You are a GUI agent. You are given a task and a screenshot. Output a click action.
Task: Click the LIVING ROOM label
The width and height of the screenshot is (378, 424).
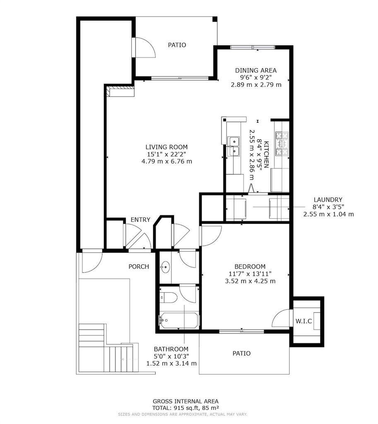tap(166, 147)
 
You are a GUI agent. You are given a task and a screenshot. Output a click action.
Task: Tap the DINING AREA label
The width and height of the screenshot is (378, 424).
tap(256, 70)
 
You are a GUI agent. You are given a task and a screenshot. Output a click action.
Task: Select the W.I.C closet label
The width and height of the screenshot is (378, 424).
tap(303, 321)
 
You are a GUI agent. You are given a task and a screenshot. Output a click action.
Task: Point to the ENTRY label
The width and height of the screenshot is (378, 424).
tap(140, 219)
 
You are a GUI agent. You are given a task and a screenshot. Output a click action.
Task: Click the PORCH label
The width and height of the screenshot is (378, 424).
tap(139, 267)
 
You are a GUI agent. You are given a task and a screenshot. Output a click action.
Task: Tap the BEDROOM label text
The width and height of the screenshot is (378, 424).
tap(250, 266)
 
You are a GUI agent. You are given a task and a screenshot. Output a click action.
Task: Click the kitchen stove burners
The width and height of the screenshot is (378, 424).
tap(282, 144)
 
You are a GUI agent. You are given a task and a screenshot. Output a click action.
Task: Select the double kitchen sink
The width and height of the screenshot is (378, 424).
tap(234, 146)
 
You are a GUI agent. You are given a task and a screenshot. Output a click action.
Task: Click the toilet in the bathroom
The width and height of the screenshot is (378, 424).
tap(168, 297)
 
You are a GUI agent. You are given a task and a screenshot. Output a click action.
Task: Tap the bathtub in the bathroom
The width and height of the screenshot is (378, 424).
tap(179, 321)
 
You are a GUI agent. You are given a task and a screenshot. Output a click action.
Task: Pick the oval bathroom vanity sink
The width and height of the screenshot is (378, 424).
tap(165, 267)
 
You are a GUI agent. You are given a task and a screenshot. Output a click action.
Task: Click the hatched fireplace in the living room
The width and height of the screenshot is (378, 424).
tap(120, 91)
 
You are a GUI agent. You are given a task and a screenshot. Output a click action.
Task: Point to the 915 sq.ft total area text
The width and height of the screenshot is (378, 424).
tap(186, 408)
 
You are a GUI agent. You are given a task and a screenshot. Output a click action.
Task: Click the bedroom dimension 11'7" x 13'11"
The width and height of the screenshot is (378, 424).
tap(250, 274)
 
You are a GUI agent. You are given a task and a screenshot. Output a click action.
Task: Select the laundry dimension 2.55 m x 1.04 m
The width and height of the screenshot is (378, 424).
tap(328, 214)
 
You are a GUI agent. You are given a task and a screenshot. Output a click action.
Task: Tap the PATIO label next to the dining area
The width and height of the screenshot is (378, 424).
tap(177, 45)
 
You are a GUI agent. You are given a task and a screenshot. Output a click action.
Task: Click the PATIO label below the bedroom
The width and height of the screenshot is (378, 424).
tap(241, 354)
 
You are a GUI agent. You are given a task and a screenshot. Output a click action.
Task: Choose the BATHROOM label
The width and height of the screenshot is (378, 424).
tap(171, 349)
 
